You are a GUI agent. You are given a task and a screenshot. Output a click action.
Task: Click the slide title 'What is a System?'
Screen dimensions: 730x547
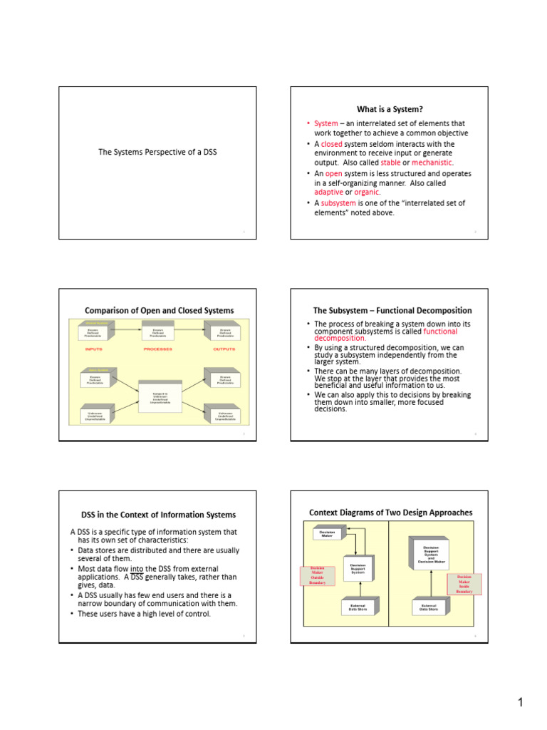pyautogui.click(x=390, y=109)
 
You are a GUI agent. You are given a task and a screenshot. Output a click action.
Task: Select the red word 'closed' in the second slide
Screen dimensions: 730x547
pyautogui.click(x=332, y=144)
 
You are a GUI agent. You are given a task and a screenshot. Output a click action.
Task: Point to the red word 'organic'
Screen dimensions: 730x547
pyautogui.click(x=368, y=192)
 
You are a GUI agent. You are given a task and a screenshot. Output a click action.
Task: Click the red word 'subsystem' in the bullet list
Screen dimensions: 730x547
pyautogui.click(x=338, y=202)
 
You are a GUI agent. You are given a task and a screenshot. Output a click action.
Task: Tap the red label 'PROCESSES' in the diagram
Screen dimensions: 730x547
pyautogui.click(x=158, y=349)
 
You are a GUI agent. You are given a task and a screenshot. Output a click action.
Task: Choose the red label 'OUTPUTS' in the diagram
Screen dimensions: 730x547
pyautogui.click(x=225, y=349)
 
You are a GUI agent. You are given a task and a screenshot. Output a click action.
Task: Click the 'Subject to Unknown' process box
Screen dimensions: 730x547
pyautogui.click(x=160, y=397)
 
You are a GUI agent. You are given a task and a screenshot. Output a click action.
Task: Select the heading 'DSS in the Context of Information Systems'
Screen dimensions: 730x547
pyautogui.click(x=158, y=515)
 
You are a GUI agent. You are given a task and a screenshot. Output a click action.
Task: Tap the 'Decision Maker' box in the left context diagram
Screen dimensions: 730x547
pyautogui.click(x=327, y=533)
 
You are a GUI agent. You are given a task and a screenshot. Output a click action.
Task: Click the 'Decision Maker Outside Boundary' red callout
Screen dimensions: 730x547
pyautogui.click(x=317, y=575)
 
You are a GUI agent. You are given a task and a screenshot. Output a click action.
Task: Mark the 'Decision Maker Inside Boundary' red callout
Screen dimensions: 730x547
pyautogui.click(x=464, y=583)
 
